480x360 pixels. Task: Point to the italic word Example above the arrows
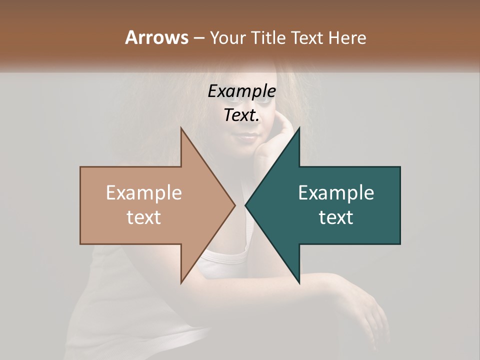(x=242, y=91)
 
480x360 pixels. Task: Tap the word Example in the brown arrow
(x=144, y=193)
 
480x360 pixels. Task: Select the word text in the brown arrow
(x=144, y=217)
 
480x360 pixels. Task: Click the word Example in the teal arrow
(x=336, y=193)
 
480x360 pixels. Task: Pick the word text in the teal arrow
(x=336, y=217)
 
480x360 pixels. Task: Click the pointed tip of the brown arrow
(x=235, y=205)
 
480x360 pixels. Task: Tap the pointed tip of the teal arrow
(x=245, y=205)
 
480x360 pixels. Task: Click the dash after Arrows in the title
(x=198, y=38)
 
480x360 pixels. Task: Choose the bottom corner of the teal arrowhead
(x=299, y=283)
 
